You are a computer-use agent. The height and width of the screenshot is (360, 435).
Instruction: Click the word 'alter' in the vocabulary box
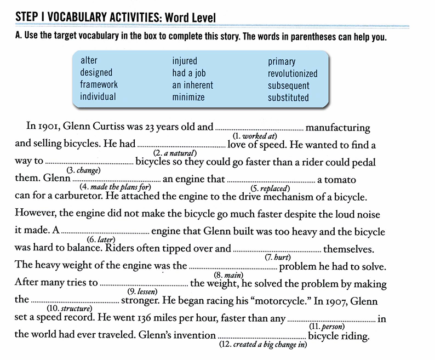pos(89,60)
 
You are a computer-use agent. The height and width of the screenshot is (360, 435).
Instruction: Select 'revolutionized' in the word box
pos(293,73)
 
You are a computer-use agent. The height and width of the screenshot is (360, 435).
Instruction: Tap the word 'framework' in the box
pos(99,85)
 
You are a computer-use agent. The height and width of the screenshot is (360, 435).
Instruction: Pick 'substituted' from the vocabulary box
pos(288,98)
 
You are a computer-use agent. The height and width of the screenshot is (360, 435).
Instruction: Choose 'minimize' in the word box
pos(188,98)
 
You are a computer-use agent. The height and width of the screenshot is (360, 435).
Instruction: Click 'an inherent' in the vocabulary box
pos(193,85)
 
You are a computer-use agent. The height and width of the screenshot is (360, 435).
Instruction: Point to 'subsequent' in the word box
pos(289,85)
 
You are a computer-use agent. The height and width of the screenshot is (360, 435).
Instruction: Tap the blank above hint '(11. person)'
pos(331,319)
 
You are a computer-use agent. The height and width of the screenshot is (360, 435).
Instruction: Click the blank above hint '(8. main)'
pos(233,268)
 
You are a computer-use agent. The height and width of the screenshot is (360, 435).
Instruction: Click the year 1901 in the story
pos(48,127)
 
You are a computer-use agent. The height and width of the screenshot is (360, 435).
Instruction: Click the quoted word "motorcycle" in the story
pos(235,301)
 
